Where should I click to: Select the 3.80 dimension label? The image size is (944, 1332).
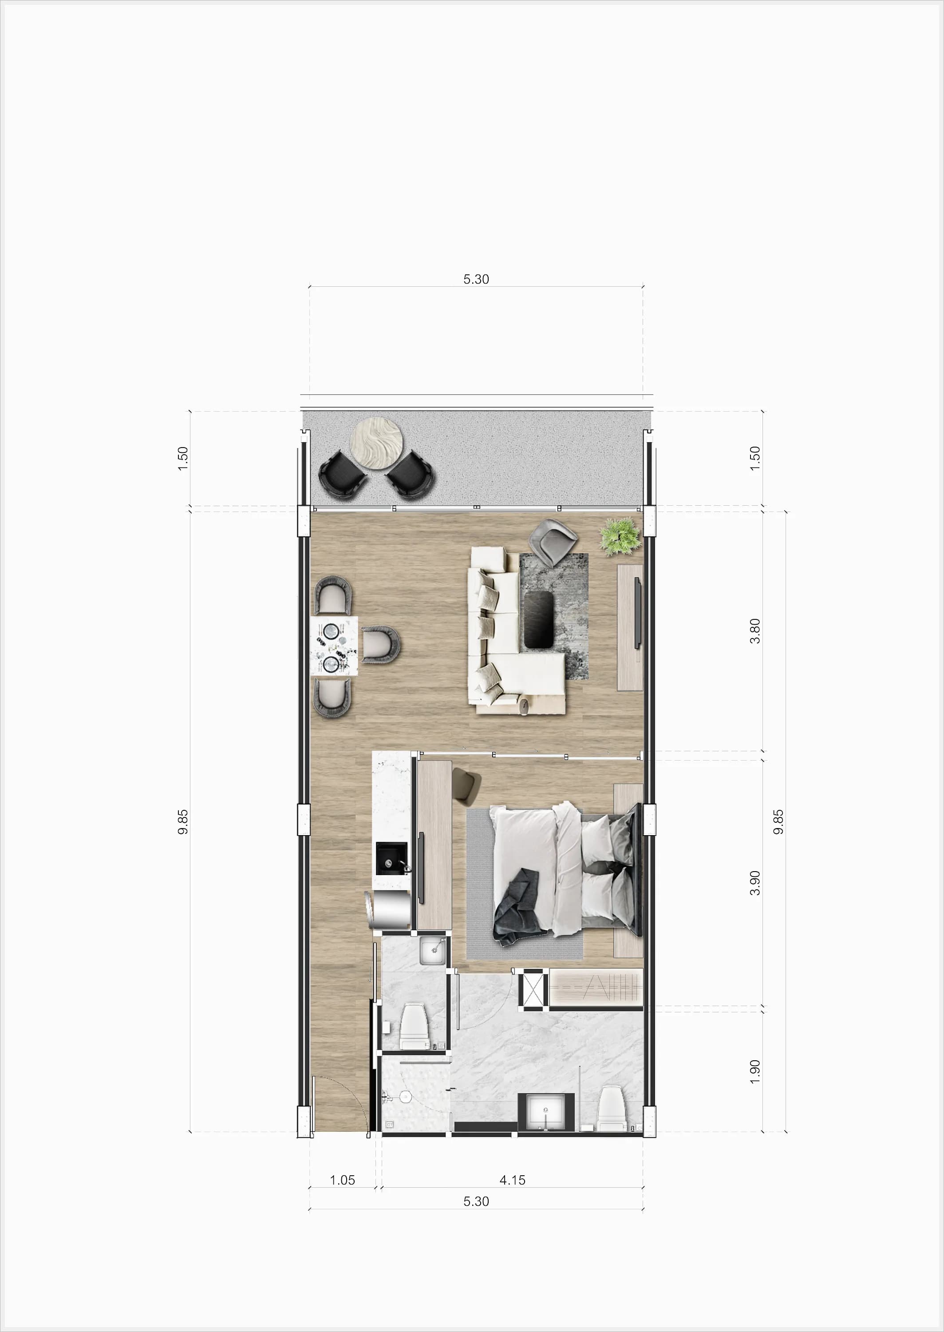[754, 631]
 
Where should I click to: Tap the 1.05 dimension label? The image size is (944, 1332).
[342, 1180]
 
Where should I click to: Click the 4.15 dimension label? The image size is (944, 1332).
[512, 1180]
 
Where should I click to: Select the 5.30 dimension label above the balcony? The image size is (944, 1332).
[476, 279]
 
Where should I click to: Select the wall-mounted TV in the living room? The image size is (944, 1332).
[638, 613]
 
